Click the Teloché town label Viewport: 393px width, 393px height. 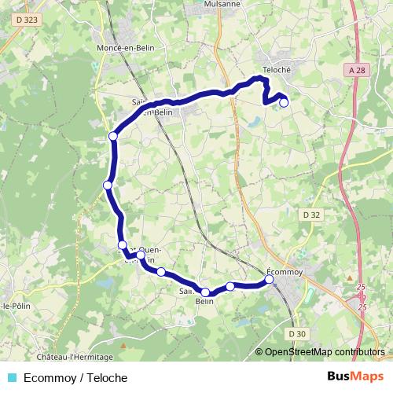[x=277, y=69]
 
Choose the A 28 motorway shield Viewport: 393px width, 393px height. [x=358, y=70]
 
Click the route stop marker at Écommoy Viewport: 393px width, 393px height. [x=269, y=279]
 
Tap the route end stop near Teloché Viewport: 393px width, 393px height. [x=284, y=101]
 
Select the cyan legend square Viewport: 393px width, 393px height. [x=10, y=378]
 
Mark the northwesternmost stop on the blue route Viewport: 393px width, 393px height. [x=113, y=136]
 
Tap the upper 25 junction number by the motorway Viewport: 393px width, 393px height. [x=362, y=288]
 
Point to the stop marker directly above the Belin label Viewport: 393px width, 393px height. [x=205, y=292]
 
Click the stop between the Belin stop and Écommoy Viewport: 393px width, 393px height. [x=230, y=286]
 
